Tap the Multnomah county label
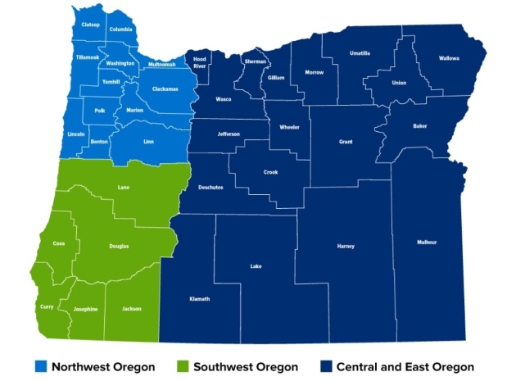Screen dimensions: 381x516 point(162,65)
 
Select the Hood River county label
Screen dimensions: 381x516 point(200,63)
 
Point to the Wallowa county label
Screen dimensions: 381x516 point(449,58)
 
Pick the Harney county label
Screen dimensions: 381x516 point(346,246)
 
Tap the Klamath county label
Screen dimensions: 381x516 point(199,299)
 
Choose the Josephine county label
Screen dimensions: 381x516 point(85,309)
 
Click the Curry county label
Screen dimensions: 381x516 point(47,306)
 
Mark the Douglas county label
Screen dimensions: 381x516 point(119,246)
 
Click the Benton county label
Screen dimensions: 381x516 point(99,142)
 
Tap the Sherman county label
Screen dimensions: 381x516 point(255,61)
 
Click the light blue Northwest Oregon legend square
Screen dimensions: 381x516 point(40,366)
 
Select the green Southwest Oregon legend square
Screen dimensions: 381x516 point(183,366)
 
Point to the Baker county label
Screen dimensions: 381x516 point(419,126)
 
